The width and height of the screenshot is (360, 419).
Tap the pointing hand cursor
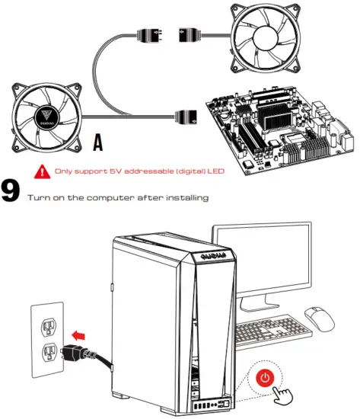pos(283,392)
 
